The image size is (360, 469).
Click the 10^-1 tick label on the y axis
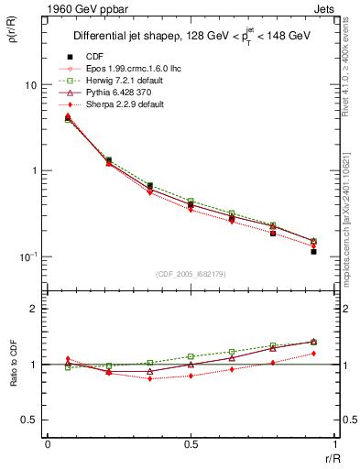pyautogui.click(x=27, y=256)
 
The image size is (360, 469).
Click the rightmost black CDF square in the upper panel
pyautogui.click(x=313, y=251)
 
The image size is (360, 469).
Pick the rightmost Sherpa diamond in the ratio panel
pyautogui.click(x=313, y=354)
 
